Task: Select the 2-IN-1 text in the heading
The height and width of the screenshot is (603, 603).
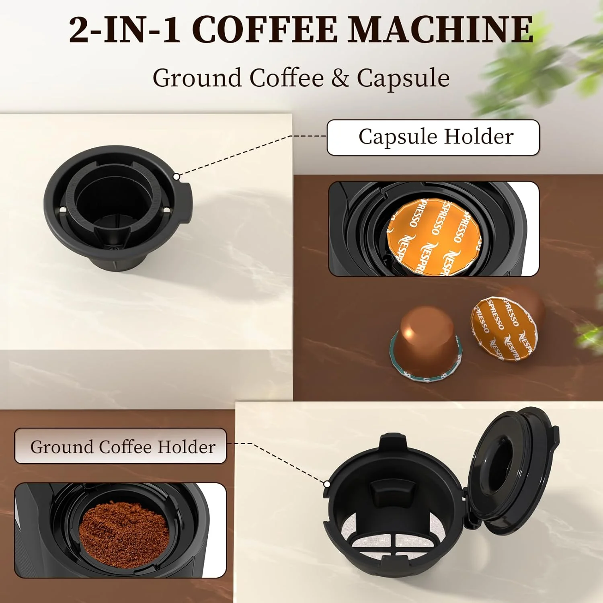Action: point(125,30)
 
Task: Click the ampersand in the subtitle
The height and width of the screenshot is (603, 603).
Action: point(340,78)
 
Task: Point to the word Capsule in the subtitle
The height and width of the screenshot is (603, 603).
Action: point(403,78)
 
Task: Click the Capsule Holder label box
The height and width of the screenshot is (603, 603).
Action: point(433,137)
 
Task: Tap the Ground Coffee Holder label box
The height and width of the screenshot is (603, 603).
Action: point(121,446)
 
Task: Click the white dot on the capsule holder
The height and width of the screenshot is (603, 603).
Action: point(176,176)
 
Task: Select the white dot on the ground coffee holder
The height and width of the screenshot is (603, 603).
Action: point(327,484)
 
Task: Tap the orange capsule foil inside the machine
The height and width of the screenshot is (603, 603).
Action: point(434,235)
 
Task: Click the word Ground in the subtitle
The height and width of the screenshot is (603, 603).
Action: point(197,78)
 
